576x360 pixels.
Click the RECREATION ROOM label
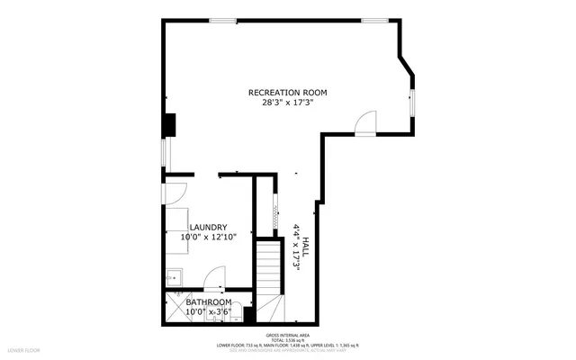287,93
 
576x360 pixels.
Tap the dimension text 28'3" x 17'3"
287,103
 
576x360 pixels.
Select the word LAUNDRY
207,228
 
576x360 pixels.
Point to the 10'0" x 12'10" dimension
207,238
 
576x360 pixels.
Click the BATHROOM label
209,302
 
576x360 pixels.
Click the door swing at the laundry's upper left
175,191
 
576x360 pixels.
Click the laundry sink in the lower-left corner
174,277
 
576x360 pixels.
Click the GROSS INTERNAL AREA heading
287,332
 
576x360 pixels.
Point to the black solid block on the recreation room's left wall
168,124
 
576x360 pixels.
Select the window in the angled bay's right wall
411,101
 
